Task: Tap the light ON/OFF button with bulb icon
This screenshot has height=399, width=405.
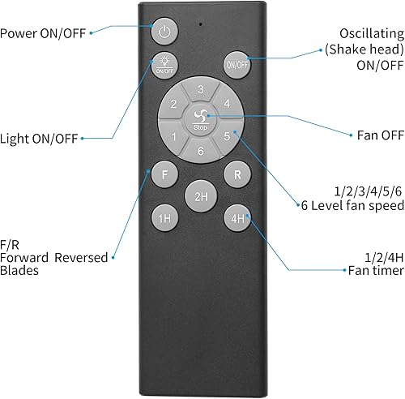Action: coord(164,64)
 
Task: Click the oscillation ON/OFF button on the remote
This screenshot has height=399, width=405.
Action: coord(236,64)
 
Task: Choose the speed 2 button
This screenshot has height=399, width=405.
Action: coord(173,104)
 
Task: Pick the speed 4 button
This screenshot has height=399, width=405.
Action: coord(228,104)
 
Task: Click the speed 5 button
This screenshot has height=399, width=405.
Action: coord(228,136)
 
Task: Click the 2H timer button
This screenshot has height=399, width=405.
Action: coord(199,195)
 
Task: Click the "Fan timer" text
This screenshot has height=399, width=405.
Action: coord(373,270)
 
